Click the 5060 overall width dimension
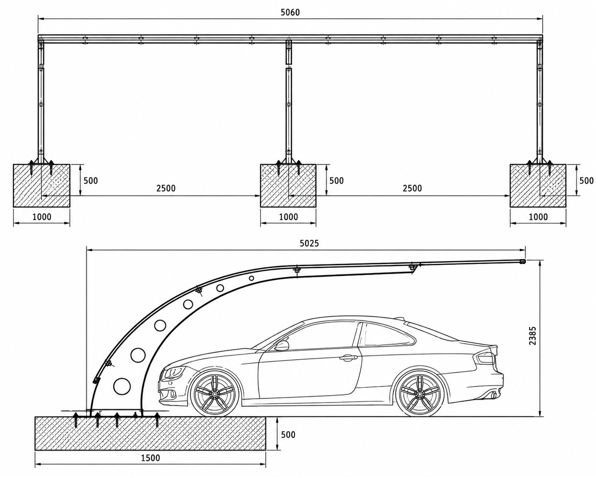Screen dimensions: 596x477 coord(290,12)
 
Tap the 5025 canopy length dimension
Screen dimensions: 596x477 coord(309,243)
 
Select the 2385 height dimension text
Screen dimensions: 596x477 coord(532,336)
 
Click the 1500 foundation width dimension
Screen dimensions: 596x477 coord(150,457)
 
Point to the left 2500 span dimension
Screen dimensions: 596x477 coord(166,188)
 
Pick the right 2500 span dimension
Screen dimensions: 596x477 coord(412,188)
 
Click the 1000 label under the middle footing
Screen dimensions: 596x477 coord(288,217)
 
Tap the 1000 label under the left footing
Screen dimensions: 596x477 coord(42,217)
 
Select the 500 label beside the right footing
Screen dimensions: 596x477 coord(586,180)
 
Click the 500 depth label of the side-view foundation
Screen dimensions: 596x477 coord(288,434)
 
